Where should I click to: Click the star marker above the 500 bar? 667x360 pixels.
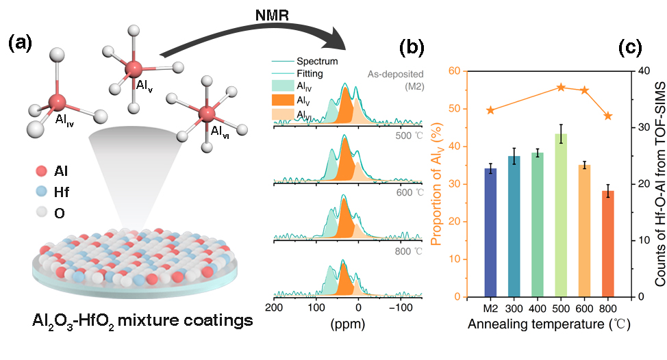point(561,88)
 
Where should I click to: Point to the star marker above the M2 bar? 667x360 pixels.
point(490,110)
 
